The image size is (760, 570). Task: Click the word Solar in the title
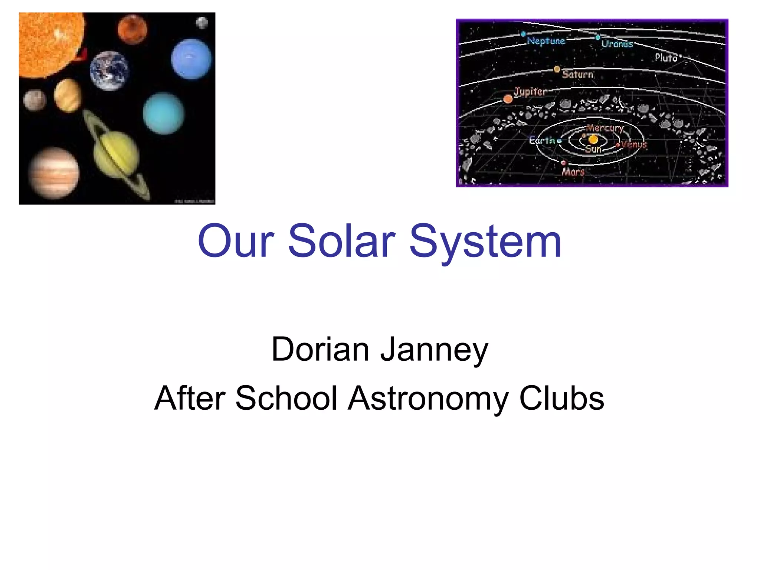[x=341, y=241]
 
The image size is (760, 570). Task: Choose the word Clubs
[x=561, y=398]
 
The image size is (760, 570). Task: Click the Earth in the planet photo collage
[x=109, y=71]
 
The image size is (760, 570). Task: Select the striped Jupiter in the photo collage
[x=54, y=173]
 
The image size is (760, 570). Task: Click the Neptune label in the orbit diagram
[x=546, y=41]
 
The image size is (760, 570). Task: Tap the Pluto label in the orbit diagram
[x=666, y=58]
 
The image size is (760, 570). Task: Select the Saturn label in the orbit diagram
[x=577, y=74]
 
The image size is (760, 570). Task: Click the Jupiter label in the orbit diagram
[x=530, y=91]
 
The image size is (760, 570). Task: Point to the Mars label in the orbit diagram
[x=573, y=172]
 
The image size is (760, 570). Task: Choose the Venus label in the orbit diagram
[x=634, y=145]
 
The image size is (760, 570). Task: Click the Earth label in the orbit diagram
[x=542, y=140]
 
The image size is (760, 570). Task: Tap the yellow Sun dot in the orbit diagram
[x=593, y=140]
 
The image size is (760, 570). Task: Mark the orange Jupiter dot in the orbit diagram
[x=508, y=99]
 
